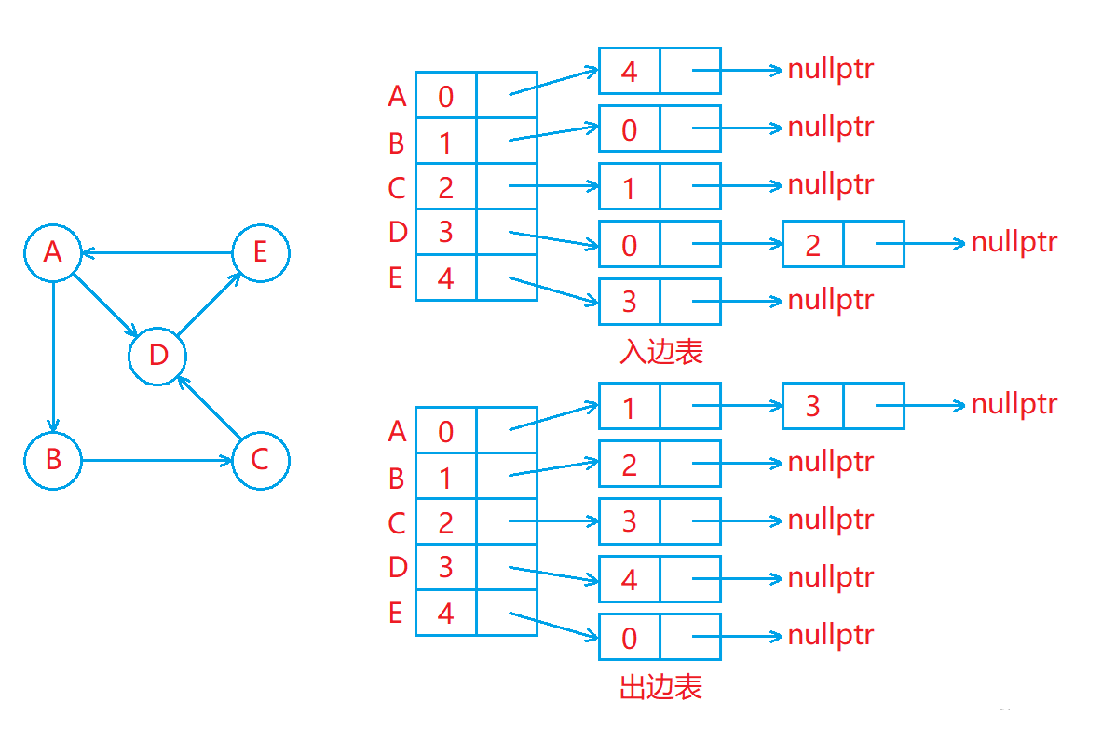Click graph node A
click(53, 253)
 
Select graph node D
click(157, 356)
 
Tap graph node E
click(261, 253)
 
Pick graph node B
click(53, 460)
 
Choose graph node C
click(261, 460)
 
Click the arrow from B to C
click(156, 461)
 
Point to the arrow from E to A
click(156, 253)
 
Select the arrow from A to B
click(53, 357)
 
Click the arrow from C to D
click(209, 408)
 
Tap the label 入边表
click(660, 351)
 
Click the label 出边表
click(660, 687)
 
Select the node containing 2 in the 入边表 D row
click(843, 244)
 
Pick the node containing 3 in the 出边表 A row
click(843, 406)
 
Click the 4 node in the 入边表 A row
click(660, 70)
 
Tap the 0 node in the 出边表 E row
click(660, 637)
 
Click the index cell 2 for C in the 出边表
click(445, 521)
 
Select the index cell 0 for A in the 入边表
click(445, 96)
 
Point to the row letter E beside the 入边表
click(396, 278)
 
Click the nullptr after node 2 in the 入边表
click(1014, 242)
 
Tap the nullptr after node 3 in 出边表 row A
click(1014, 404)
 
